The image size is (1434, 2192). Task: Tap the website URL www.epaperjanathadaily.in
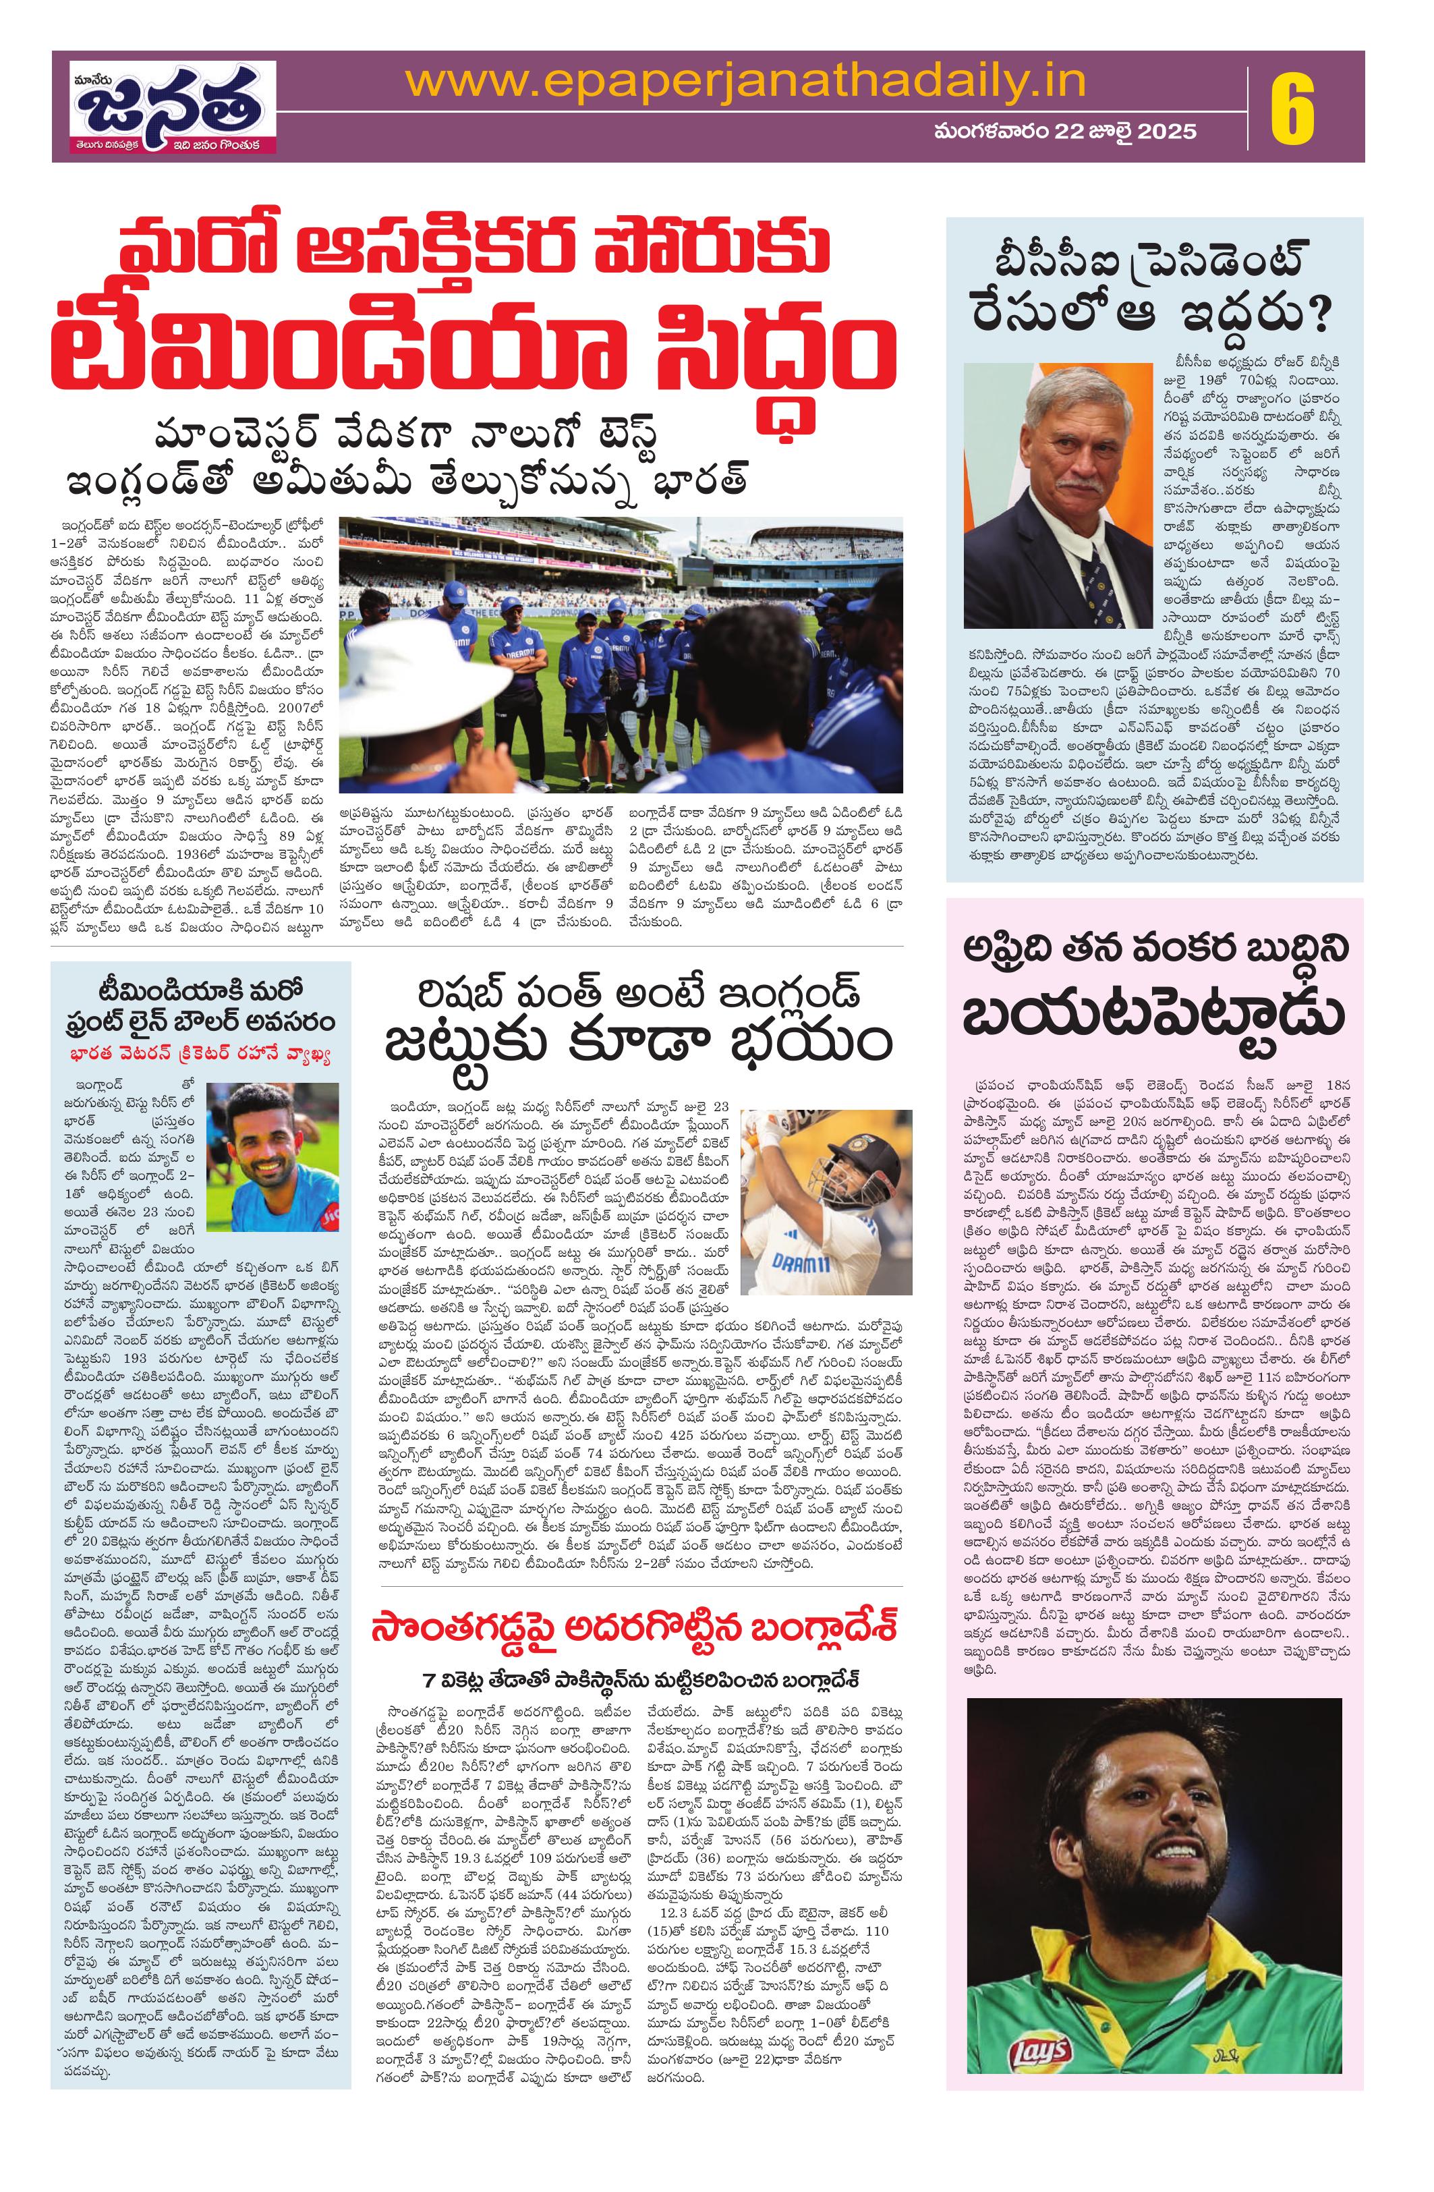point(746,83)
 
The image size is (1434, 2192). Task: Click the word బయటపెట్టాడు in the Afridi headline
point(1153,1016)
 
